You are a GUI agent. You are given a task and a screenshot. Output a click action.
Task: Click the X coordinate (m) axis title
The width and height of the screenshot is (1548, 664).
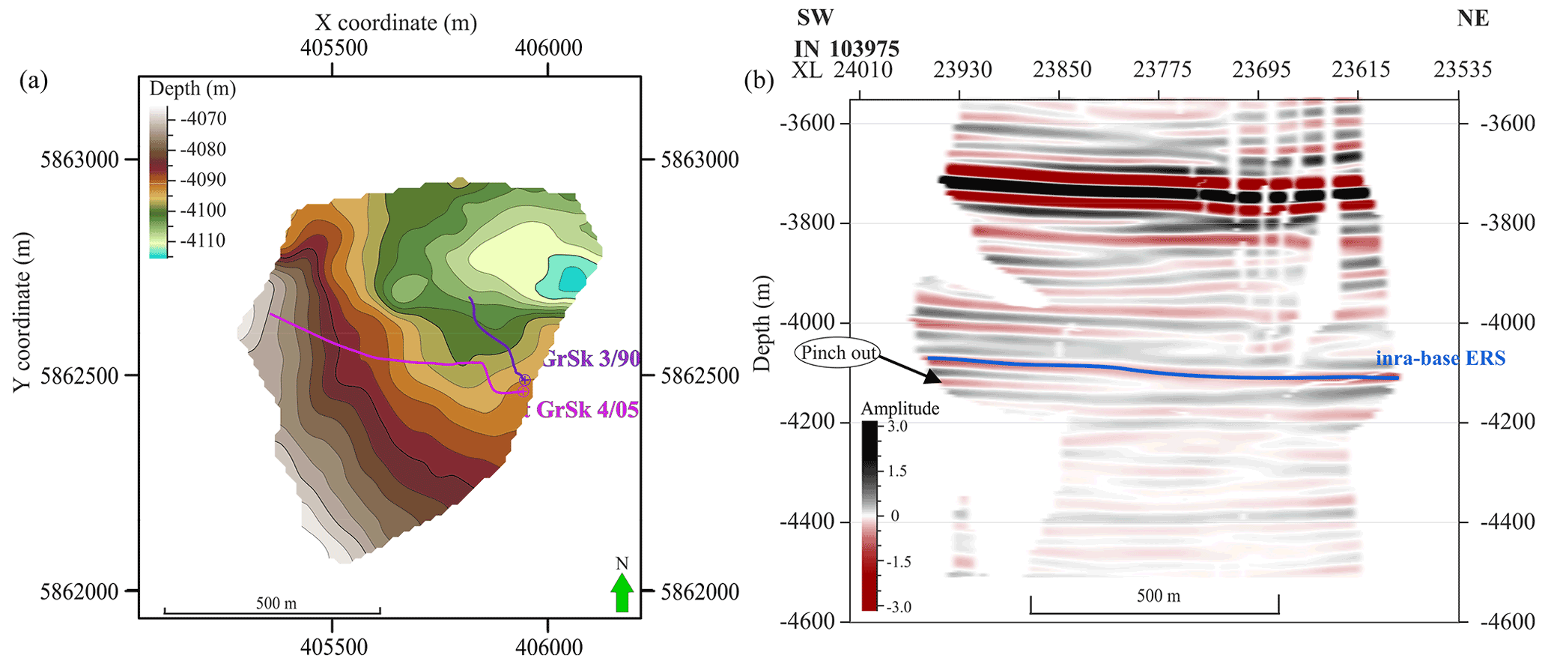[395, 22]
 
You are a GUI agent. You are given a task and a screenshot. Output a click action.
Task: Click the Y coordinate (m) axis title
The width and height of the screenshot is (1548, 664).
[22, 312]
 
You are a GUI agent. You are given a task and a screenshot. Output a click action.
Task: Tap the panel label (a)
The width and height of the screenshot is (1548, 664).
[34, 79]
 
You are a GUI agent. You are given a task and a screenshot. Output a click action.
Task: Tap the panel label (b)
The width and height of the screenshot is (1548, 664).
[759, 79]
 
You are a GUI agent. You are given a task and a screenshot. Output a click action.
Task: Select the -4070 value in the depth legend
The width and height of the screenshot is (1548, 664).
[203, 118]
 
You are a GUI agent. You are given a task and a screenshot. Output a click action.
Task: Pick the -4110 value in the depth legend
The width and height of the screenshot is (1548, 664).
[203, 241]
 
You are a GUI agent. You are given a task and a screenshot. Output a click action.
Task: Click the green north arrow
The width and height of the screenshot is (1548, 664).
[622, 592]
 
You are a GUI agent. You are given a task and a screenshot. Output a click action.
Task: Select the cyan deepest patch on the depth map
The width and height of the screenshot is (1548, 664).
[569, 279]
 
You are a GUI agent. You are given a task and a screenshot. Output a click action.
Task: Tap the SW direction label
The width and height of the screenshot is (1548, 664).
[815, 17]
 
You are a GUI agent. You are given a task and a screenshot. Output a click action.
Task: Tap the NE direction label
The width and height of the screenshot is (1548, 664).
[1472, 18]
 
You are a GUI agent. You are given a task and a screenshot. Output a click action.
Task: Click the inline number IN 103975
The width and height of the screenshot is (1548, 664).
[846, 49]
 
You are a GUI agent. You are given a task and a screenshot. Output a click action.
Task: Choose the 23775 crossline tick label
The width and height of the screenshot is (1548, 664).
[1162, 70]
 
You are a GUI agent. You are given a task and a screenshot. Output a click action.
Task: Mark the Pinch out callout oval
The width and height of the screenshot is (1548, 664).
[838, 353]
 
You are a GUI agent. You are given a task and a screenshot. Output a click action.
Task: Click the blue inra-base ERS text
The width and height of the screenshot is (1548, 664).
[1440, 358]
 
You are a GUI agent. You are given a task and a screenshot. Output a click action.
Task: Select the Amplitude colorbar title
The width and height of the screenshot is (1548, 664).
[899, 408]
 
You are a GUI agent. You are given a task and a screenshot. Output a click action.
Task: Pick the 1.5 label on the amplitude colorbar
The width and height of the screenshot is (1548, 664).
[897, 471]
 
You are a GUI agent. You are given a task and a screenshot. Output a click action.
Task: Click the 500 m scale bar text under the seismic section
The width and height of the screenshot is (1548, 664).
[1158, 596]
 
